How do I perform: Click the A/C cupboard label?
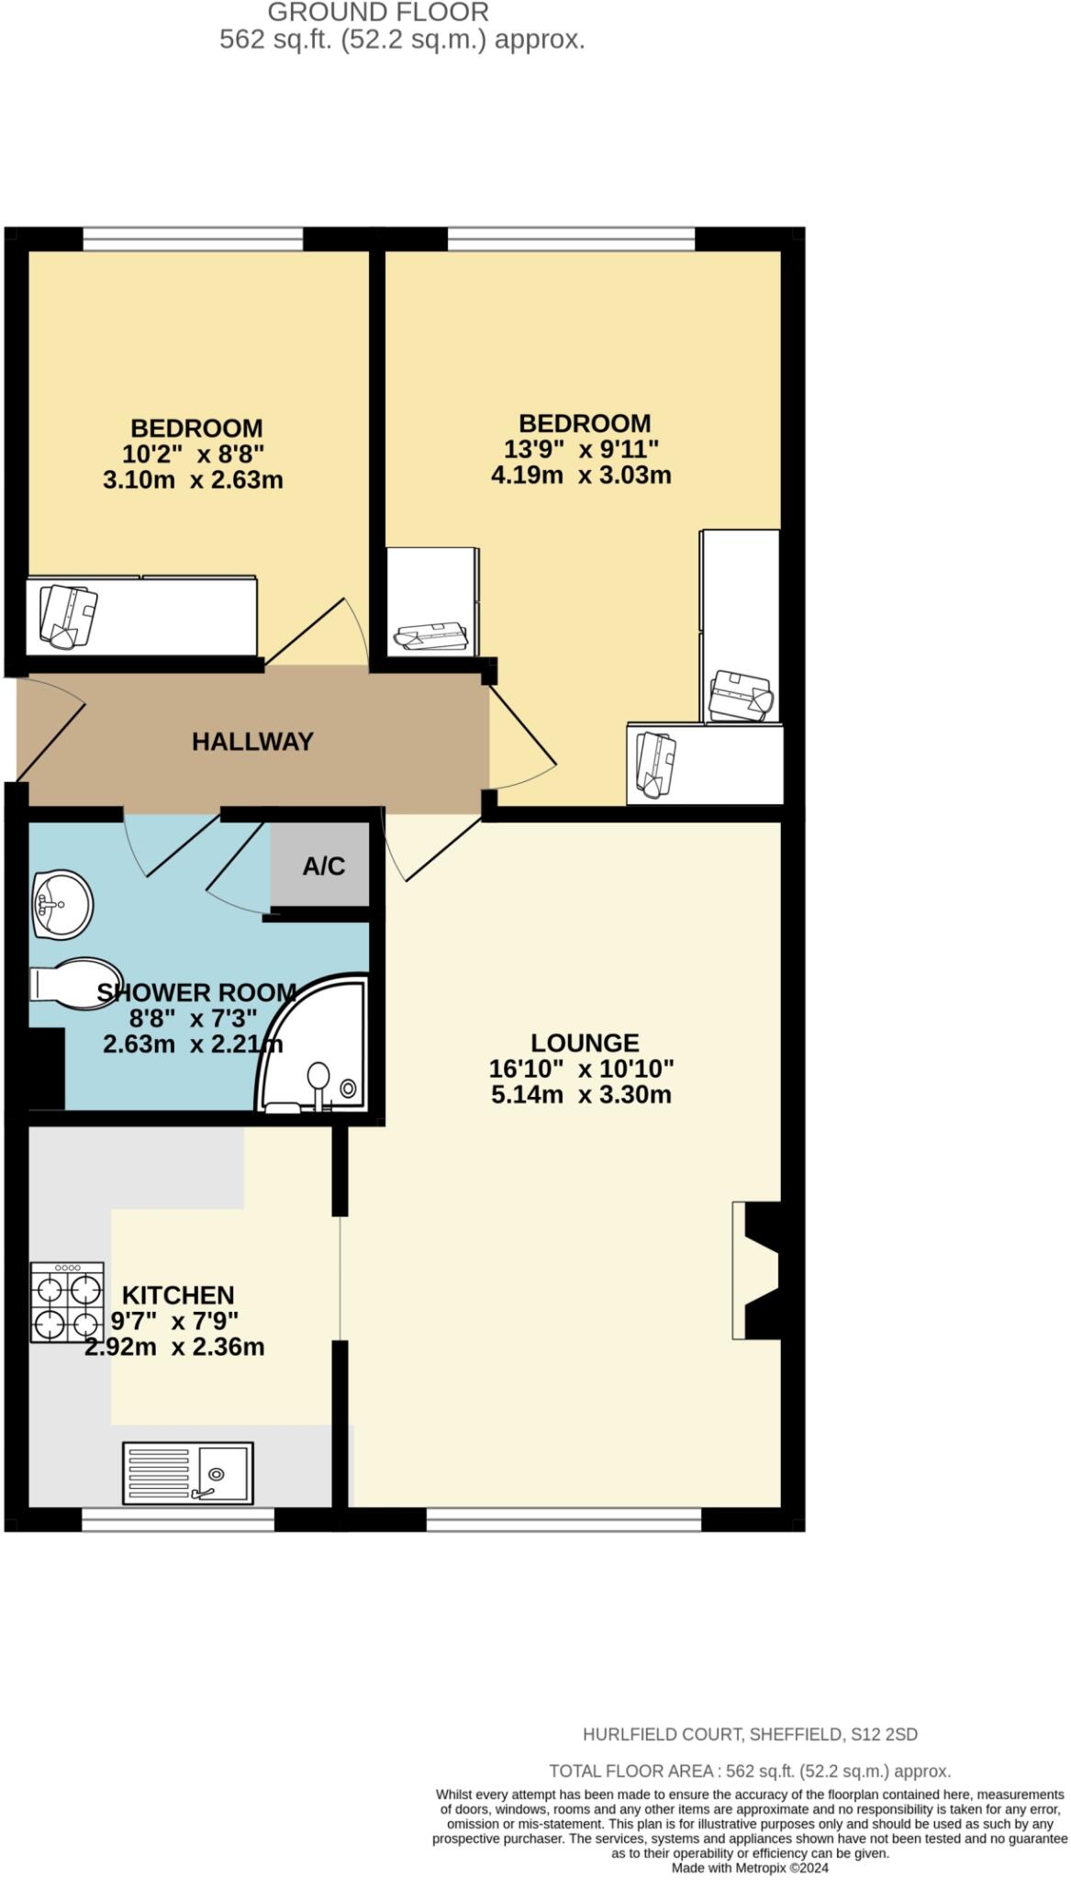323,865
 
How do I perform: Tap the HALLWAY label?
252,741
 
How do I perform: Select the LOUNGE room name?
585,1042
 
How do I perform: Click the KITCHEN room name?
178,1294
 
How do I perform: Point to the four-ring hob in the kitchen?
67,1302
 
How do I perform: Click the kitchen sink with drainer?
187,1472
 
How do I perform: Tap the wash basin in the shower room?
61,905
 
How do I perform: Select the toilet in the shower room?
75,984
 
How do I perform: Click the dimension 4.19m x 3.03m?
581,475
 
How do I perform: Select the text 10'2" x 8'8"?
193,453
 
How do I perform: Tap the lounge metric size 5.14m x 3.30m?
581,1094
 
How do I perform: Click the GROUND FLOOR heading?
378,13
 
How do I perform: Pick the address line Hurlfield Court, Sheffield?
750,1734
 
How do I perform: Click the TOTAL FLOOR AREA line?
749,1771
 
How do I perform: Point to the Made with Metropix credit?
749,1867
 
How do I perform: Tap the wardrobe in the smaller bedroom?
141,615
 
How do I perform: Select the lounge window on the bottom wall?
563,1519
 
